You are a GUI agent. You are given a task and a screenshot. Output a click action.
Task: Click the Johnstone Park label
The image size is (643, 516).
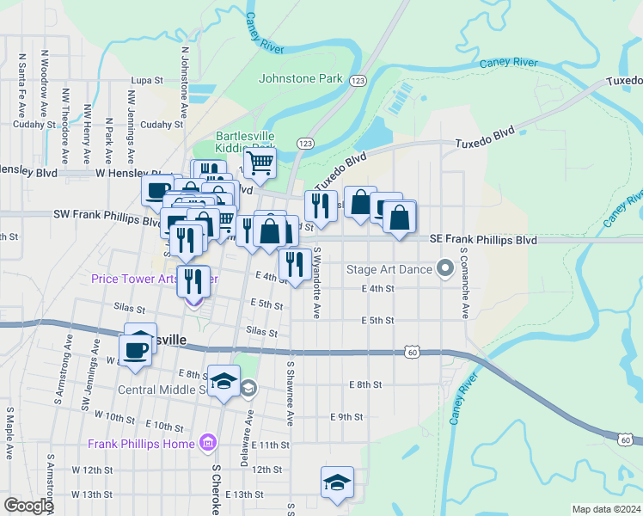301,79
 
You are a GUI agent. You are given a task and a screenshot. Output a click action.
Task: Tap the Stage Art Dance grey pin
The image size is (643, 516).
445,269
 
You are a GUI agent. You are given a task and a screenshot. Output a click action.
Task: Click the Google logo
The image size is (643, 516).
28,506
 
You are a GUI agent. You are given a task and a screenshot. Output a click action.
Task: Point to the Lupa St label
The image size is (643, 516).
146,81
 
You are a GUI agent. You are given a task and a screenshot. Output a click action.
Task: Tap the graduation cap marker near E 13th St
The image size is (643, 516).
338,482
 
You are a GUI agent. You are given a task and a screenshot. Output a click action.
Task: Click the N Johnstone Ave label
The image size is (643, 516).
184,82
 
